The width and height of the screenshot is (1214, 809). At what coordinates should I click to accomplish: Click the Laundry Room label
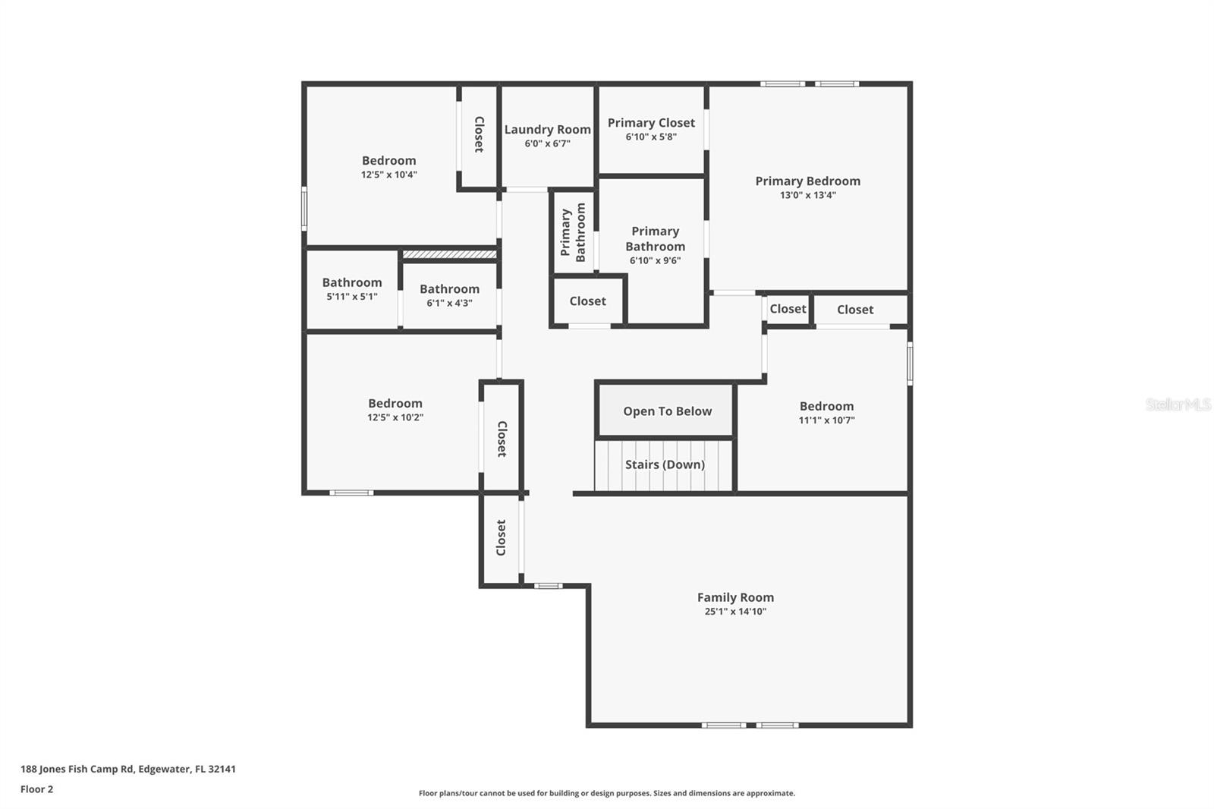[x=547, y=130]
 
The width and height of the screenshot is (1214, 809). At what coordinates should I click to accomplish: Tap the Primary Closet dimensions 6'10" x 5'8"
[x=651, y=137]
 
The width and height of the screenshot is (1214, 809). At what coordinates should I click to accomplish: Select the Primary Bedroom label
[x=807, y=181]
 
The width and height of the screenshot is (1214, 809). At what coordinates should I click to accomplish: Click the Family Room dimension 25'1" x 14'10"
[x=735, y=612]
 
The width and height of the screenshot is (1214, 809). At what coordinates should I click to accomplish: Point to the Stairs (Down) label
[x=665, y=464]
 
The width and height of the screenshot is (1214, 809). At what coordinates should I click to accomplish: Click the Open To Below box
[x=667, y=411]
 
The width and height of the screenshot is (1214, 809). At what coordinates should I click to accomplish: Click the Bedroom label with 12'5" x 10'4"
[x=388, y=161]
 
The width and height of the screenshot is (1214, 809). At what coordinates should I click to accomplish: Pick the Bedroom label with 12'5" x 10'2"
[x=395, y=404]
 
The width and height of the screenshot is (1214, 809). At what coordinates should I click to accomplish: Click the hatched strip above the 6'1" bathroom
[x=449, y=254]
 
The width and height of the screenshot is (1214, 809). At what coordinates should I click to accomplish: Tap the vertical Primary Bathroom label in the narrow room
[x=573, y=232]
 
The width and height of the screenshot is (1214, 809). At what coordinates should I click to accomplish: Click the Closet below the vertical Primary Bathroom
[x=588, y=301]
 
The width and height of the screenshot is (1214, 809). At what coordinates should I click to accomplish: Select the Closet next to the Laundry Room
[x=480, y=134]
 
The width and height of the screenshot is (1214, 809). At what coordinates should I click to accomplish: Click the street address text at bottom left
[x=128, y=769]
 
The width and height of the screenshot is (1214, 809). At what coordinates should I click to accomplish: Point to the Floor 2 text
[x=36, y=789]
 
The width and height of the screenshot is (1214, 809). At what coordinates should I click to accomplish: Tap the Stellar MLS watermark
[x=1178, y=404]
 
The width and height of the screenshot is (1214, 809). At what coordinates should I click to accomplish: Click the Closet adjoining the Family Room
[x=501, y=537]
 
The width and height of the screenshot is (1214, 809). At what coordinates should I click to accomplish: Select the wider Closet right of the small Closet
[x=855, y=310]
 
